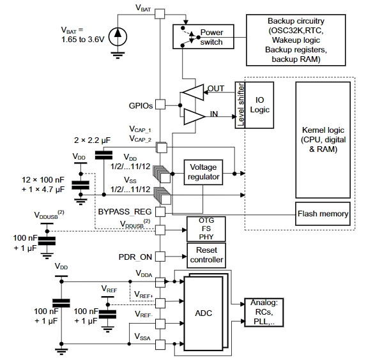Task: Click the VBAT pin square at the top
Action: (x=160, y=14)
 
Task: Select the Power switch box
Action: (x=203, y=36)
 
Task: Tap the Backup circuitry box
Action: (x=296, y=40)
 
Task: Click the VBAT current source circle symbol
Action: (x=118, y=37)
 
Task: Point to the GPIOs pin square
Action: (x=160, y=104)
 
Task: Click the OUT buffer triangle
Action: (x=193, y=93)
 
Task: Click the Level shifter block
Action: (x=240, y=105)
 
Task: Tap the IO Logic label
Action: (x=259, y=105)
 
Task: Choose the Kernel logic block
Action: (x=323, y=140)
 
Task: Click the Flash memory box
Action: (x=323, y=214)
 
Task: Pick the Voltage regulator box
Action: (x=203, y=172)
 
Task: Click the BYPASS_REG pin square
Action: (x=160, y=212)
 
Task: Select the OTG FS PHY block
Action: (x=206, y=229)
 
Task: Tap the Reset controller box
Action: (x=206, y=255)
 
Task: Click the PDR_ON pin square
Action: (x=160, y=257)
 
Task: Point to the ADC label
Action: (x=204, y=313)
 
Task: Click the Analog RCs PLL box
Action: (x=264, y=312)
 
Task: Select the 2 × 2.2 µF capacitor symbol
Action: (x=103, y=155)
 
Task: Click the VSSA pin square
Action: (x=160, y=345)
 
